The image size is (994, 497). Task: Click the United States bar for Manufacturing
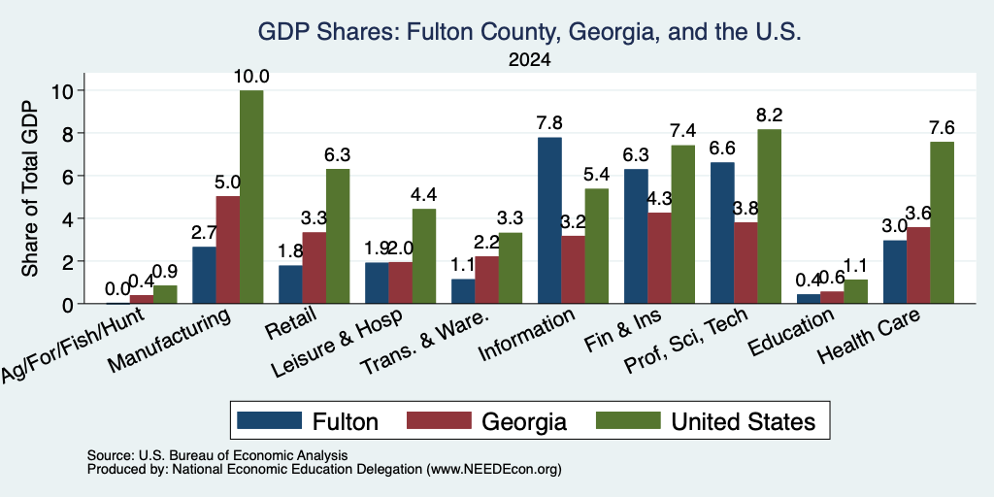pos(251,197)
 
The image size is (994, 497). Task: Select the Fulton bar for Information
pos(549,220)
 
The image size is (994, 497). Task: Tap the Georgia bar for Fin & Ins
pos(660,258)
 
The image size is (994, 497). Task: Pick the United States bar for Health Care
pos(942,222)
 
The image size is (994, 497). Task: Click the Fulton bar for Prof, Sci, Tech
pos(722,233)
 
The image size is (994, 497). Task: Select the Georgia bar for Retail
pos(315,268)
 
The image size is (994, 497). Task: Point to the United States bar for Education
pos(856,291)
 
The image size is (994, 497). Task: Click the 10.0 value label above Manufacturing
pos(251,77)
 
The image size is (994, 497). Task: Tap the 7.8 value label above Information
pos(549,123)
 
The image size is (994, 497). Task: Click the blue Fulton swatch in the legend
pos(270,420)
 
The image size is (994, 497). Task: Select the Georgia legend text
pos(523,421)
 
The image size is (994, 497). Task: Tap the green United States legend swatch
pos(628,420)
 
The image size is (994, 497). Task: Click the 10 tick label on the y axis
pos(64,90)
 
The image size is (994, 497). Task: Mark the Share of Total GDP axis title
pos(30,188)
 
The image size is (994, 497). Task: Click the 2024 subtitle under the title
pos(529,60)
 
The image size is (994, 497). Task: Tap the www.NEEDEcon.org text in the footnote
pos(494,470)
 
